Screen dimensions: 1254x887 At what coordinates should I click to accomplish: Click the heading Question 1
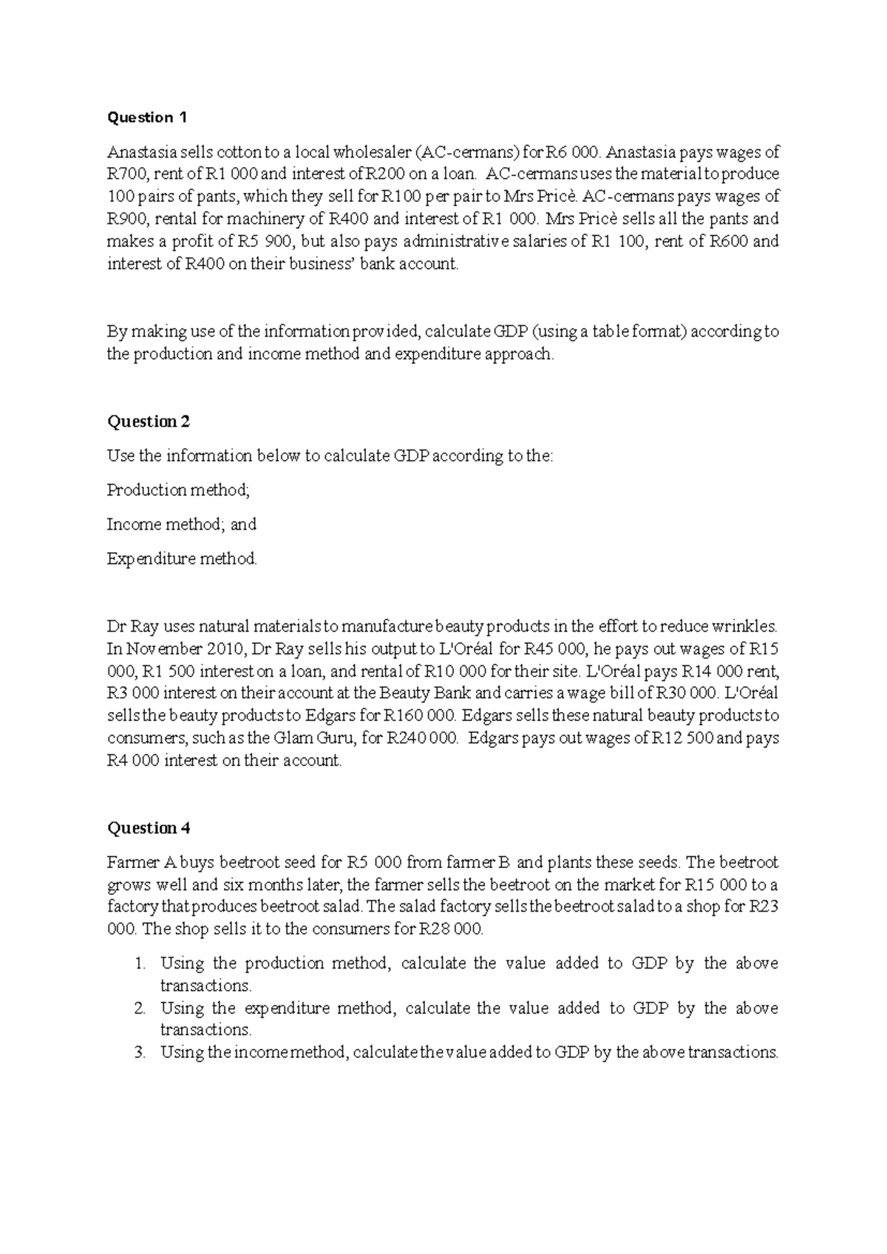point(148,118)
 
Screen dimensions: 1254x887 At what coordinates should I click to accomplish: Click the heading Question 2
point(149,421)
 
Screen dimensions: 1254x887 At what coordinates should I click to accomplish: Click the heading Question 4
point(149,828)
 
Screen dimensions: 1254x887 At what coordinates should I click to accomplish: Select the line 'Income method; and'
point(181,524)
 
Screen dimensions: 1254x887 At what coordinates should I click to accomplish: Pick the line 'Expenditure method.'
point(182,559)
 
